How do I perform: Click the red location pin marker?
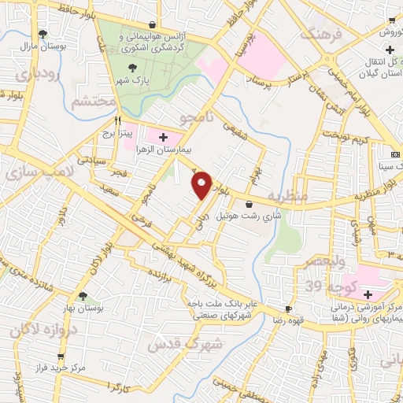203,185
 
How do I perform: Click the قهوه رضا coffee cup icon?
289,309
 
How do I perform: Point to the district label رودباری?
34,76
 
